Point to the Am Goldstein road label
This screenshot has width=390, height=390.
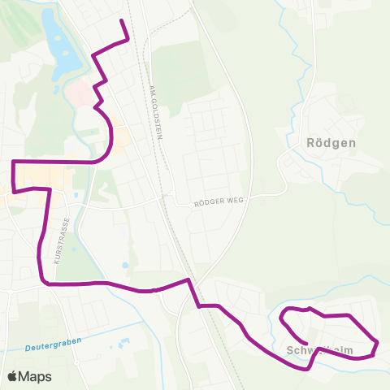(158, 113)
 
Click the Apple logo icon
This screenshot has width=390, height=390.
(13, 376)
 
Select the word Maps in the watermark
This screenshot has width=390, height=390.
(36, 376)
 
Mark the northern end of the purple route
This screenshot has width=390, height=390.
(122, 19)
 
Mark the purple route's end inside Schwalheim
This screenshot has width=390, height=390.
(305, 341)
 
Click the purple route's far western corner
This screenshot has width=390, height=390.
(14, 162)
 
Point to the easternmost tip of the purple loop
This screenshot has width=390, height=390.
(377, 342)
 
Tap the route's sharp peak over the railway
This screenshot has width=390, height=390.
(189, 280)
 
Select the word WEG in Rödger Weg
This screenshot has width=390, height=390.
(235, 201)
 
